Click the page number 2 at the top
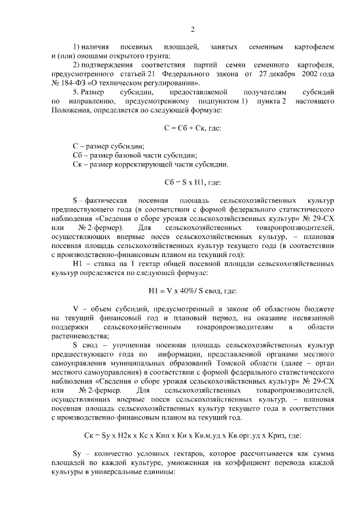click(x=192, y=30)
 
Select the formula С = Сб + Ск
click(x=192, y=128)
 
